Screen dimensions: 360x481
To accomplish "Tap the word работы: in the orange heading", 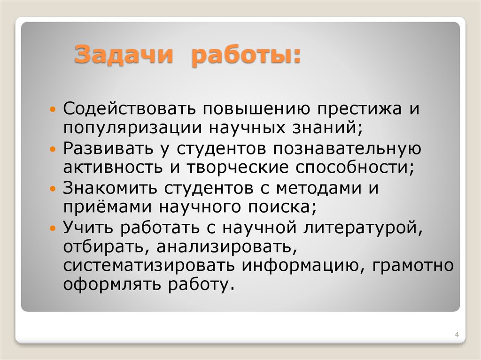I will coord(245,55).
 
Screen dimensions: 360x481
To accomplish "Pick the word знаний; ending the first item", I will coord(322,127).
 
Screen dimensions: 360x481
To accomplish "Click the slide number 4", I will coord(457,334).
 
